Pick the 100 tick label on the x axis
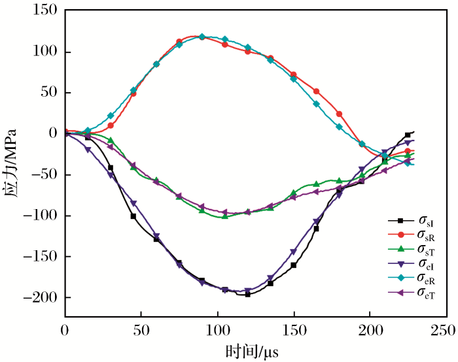[x=217, y=331]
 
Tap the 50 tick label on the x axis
[x=141, y=331]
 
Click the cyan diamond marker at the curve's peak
[x=202, y=37]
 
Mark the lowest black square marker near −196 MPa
[x=248, y=294]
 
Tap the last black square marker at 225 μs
[x=408, y=135]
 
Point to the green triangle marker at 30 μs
[x=111, y=140]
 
